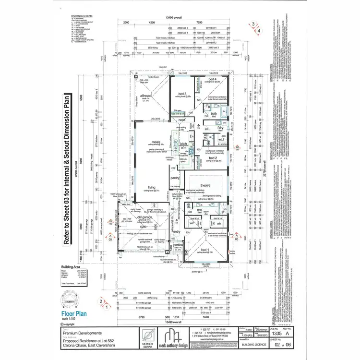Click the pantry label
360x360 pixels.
pyautogui.click(x=174, y=178)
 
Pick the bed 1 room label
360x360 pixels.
pyautogui.click(x=205, y=250)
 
